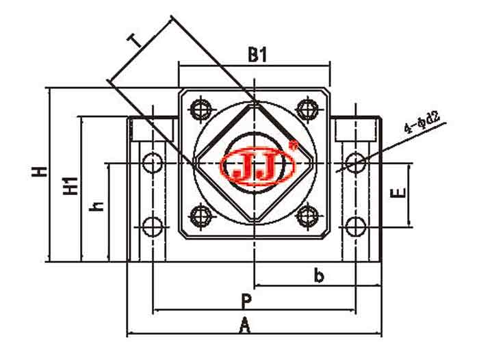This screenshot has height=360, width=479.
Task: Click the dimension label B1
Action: coord(257,55)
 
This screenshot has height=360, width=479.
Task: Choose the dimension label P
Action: coord(246,301)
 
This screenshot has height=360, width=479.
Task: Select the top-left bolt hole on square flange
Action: coord(200,109)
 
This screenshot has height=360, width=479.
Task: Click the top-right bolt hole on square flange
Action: coord(308,109)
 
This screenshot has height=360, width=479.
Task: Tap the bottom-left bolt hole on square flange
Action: coord(200,217)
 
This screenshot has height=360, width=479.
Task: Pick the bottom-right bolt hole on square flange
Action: coord(308,217)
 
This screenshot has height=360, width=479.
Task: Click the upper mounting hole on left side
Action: coord(153,163)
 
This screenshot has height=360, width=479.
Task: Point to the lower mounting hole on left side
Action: coord(153,226)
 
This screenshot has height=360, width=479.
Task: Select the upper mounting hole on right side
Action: coord(355,162)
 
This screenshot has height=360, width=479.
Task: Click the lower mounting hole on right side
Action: coord(355,226)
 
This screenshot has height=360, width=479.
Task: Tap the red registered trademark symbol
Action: coord(294,144)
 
